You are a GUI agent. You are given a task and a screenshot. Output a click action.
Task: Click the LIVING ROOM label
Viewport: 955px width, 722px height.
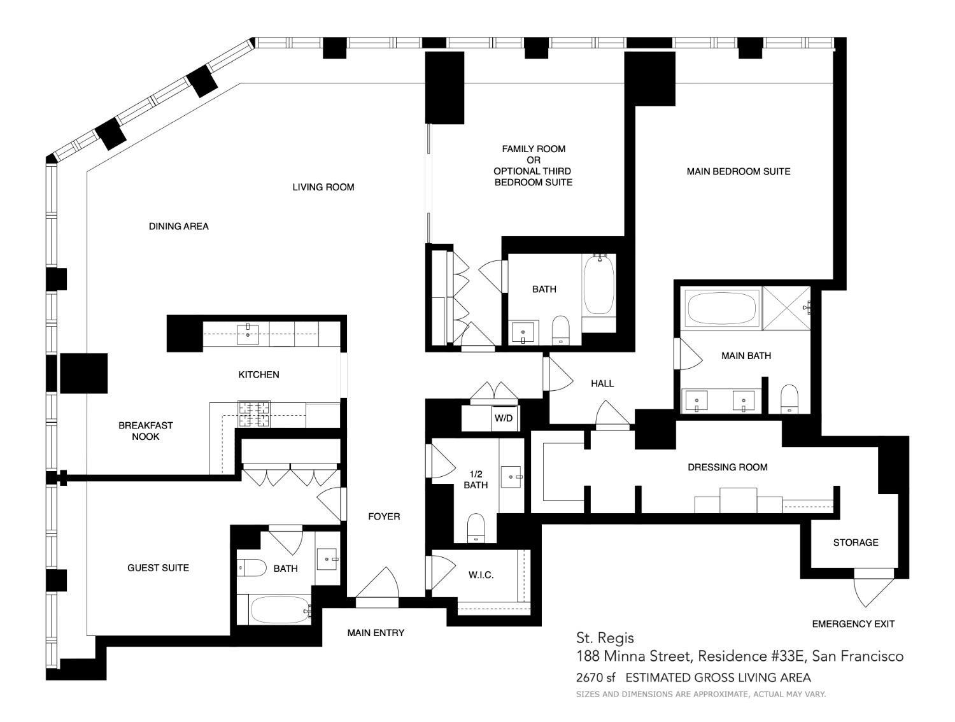coord(323,187)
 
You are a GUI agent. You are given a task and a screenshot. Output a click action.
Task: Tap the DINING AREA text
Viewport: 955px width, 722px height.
coord(178,226)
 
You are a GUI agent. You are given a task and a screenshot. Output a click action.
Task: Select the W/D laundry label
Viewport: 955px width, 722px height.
coord(503,418)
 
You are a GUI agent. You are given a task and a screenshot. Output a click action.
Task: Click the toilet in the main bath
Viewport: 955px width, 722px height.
coord(789,399)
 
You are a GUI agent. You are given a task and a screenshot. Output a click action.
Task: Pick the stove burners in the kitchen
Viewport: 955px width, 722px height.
coord(254,414)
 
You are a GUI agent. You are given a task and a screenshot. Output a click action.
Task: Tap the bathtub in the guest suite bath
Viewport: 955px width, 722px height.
coord(279,610)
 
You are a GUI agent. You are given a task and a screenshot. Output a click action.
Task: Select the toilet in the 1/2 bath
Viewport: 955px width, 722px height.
coord(476,528)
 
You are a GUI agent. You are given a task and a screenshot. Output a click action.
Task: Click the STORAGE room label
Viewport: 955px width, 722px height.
coord(855,542)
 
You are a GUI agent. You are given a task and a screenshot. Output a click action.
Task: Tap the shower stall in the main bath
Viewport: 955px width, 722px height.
coord(786,308)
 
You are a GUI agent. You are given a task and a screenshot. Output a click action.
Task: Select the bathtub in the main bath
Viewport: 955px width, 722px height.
coord(721,309)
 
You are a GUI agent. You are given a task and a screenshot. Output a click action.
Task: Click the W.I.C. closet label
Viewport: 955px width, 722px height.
coord(481,575)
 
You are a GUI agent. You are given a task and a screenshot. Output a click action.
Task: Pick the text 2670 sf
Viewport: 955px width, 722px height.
coord(597,677)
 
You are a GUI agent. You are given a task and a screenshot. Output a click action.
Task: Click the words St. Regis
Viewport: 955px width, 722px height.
coord(604,637)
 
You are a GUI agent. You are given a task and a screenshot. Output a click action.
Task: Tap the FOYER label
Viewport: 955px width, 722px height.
coord(384,516)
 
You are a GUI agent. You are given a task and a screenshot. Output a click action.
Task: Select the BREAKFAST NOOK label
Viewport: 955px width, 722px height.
coord(145,431)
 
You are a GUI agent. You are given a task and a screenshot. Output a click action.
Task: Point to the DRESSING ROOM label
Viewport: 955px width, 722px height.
coord(727,467)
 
